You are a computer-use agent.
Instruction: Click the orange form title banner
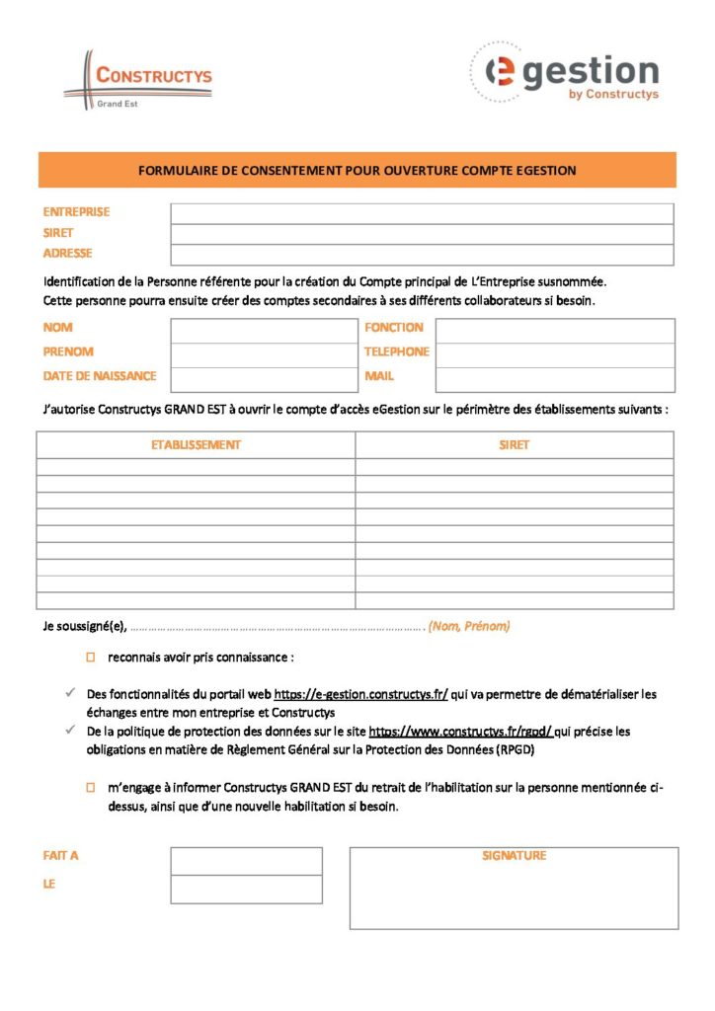coord(357,170)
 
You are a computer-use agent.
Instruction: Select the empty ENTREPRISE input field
coord(422,213)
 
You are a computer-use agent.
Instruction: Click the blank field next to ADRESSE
coord(422,255)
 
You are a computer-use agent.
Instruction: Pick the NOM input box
coord(263,330)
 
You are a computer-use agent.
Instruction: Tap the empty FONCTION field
coord(555,330)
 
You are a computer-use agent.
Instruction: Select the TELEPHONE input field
coord(555,354)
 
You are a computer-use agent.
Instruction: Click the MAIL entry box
coord(555,379)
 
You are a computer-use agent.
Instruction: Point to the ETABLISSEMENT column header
coord(196,445)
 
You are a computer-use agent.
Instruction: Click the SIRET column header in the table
coord(515,445)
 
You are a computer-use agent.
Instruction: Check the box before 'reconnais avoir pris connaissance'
coord(89,657)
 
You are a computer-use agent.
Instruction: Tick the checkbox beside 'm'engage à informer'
coord(89,788)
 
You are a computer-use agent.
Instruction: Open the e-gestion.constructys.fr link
coord(360,694)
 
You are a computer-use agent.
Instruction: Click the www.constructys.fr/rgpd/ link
coord(461,732)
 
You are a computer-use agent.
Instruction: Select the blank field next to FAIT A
coord(246,861)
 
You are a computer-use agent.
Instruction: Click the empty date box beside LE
coord(246,889)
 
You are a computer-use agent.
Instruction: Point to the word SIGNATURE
coord(514,856)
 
